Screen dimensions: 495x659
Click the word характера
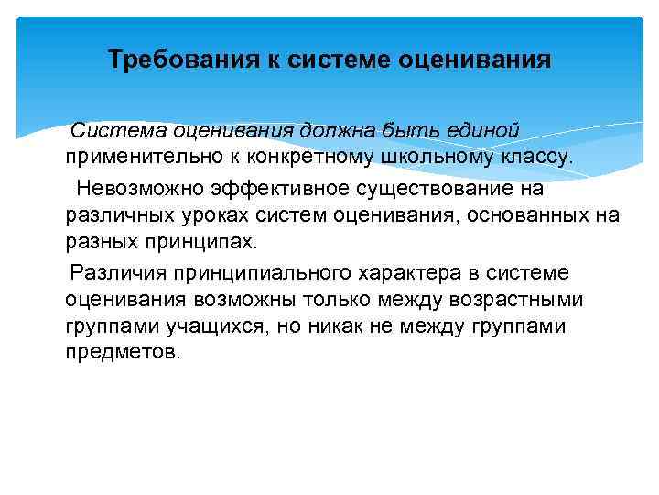pos(400,272)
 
